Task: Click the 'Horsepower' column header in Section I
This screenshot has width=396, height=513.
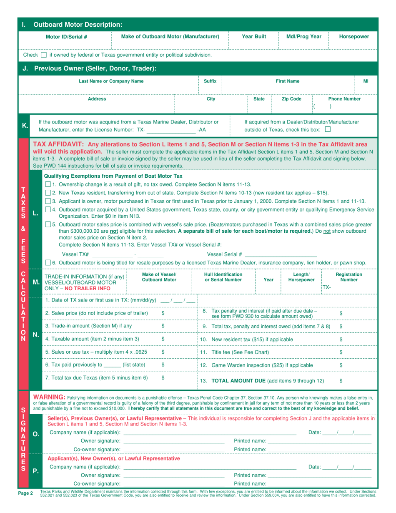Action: pyautogui.click(x=353, y=37)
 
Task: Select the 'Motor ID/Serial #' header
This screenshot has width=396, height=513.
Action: pyautogui.click(x=66, y=37)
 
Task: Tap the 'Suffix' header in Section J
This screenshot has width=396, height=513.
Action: pyautogui.click(x=210, y=81)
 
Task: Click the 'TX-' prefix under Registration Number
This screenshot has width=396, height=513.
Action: pyautogui.click(x=327, y=287)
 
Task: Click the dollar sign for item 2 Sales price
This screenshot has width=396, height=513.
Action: pyautogui.click(x=163, y=313)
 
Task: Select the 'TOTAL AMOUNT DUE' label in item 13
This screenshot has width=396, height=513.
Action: pyautogui.click(x=240, y=380)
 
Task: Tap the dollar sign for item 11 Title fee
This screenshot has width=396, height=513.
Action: pyautogui.click(x=341, y=352)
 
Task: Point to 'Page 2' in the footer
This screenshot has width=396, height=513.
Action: pyautogui.click(x=26, y=493)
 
